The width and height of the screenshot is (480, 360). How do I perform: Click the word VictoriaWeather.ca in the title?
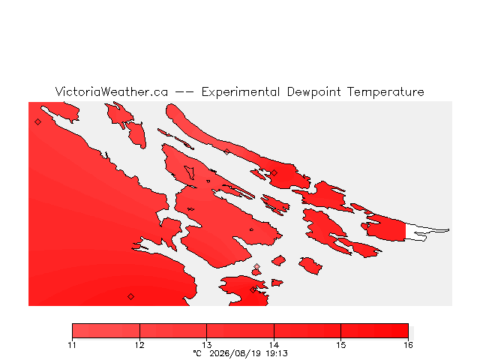[x=112, y=91]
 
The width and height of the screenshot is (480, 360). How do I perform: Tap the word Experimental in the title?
[x=241, y=92]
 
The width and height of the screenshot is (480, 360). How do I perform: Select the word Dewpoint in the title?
[x=313, y=92]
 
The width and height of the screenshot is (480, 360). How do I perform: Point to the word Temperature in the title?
[x=385, y=92]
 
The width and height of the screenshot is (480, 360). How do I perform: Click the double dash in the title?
[x=184, y=92]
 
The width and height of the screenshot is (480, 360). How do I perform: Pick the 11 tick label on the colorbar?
[x=72, y=345]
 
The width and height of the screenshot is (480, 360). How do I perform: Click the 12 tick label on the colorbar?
[x=139, y=345]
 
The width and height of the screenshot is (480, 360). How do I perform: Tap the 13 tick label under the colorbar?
[x=207, y=345]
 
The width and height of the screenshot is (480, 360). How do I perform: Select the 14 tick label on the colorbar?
[x=274, y=345]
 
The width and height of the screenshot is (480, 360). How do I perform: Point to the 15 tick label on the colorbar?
[x=341, y=345]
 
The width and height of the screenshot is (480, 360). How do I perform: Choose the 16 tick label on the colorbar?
[x=408, y=345]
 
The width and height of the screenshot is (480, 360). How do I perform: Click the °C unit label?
[x=197, y=353]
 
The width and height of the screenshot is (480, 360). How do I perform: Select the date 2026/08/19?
[x=235, y=353]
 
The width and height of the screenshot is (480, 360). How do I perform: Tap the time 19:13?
[x=277, y=353]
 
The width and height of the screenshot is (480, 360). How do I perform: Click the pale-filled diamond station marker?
[x=256, y=267]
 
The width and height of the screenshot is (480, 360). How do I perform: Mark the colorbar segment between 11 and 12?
[x=106, y=331]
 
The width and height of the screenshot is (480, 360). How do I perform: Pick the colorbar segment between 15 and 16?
[x=375, y=331]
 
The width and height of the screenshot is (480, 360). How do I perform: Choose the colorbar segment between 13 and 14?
[x=240, y=331]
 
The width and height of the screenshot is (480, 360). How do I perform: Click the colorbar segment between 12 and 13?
[x=173, y=331]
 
